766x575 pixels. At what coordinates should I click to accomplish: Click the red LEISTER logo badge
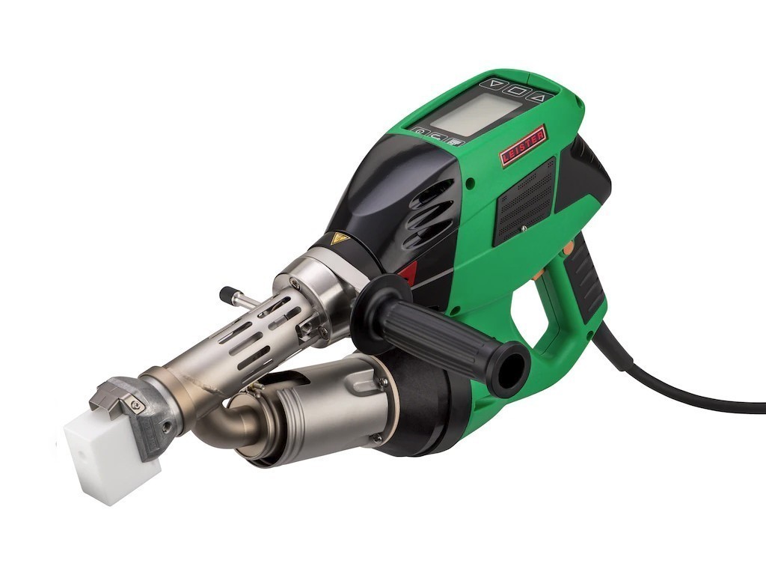[522, 146]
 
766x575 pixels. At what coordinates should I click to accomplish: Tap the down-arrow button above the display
[497, 84]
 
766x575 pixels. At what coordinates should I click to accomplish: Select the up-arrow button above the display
[540, 97]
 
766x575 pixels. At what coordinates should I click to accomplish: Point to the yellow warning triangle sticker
[340, 239]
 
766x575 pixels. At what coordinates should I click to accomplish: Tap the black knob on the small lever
[227, 295]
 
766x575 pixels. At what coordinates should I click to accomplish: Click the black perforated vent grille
[524, 201]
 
